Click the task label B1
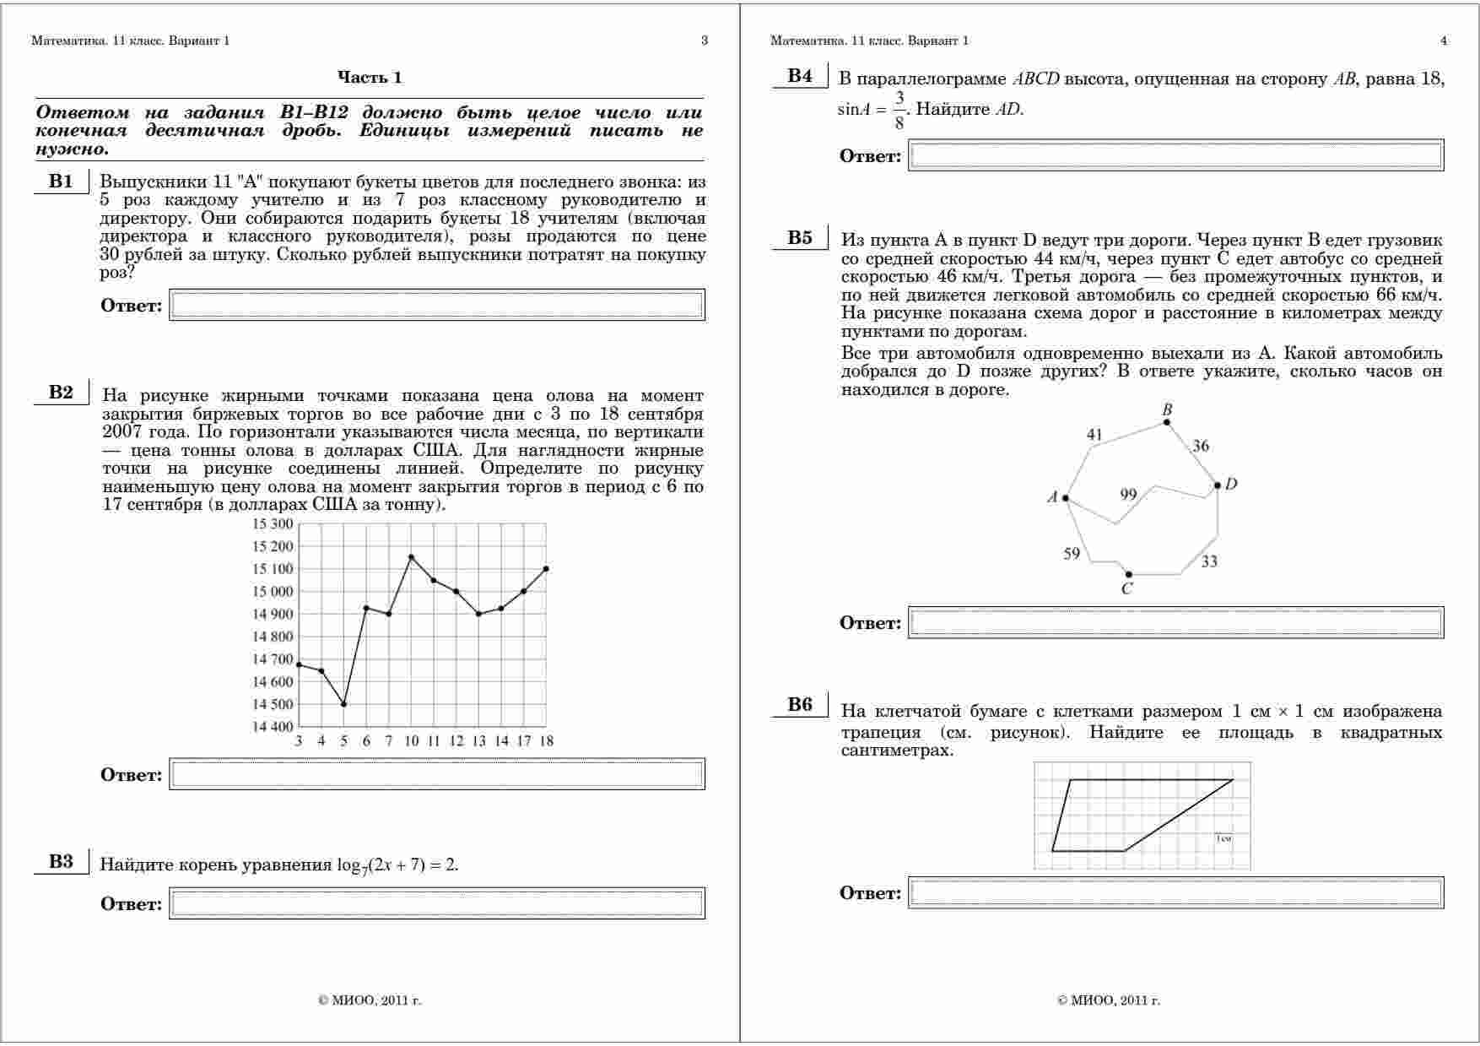point(61,181)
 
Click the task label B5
point(800,237)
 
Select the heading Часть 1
point(370,78)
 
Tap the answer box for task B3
point(437,903)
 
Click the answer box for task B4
point(1175,155)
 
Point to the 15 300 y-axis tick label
point(273,524)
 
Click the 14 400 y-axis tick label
point(273,727)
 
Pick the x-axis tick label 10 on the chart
point(411,741)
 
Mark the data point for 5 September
point(343,704)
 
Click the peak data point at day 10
point(411,557)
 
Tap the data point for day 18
point(546,569)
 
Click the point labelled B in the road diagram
point(1167,421)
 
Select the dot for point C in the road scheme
point(1129,575)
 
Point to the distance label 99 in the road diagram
point(1128,495)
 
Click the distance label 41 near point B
point(1094,435)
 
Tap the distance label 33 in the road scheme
point(1209,561)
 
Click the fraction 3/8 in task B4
point(899,110)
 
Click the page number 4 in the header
point(1444,41)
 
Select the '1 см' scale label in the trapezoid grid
point(1224,838)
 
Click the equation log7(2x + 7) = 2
point(397,864)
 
